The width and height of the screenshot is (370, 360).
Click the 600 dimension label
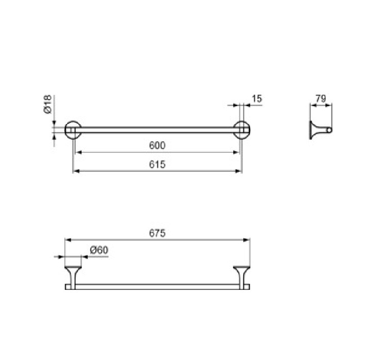coord(157,145)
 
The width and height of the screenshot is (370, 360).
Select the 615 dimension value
coord(157,164)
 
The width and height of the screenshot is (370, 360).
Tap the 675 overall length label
coord(157,233)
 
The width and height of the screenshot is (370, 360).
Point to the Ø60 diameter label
coord(99,250)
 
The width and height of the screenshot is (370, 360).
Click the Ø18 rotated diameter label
coord(47,104)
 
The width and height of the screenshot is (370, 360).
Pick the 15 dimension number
coord(257,99)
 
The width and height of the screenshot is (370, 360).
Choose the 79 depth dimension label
coord(321,99)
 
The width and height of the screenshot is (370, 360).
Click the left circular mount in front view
coord(65,130)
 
